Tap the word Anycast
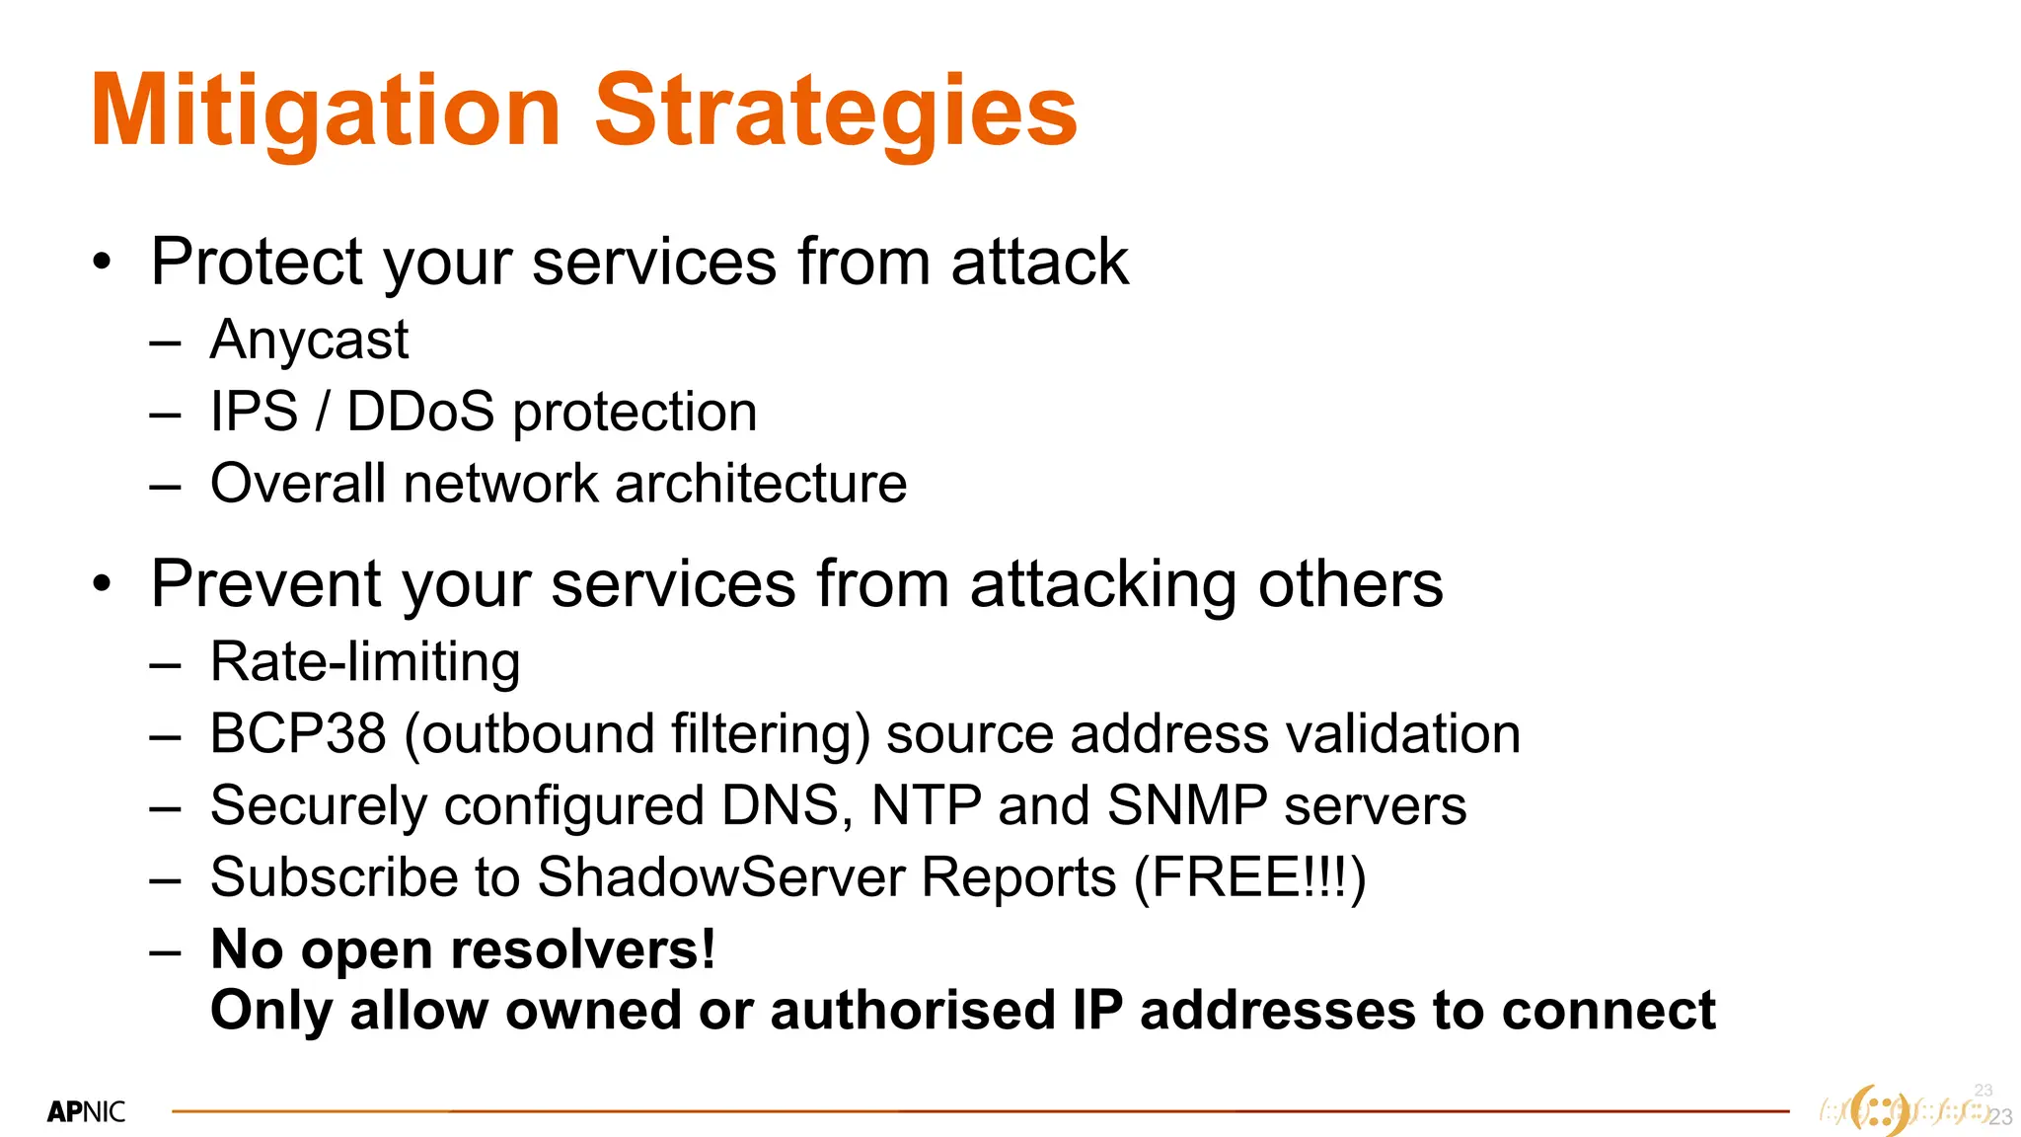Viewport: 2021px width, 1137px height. click(x=309, y=341)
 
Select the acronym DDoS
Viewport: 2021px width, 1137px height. click(x=420, y=412)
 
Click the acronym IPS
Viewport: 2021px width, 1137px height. click(x=254, y=412)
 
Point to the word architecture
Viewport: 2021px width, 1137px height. click(x=760, y=484)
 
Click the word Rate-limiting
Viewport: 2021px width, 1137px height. click(x=365, y=662)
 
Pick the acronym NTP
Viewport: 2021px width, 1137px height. click(x=926, y=805)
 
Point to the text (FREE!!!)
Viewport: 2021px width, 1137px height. click(x=1249, y=877)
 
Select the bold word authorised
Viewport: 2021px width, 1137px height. click(x=912, y=1011)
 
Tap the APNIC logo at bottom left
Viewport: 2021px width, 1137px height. click(x=86, y=1112)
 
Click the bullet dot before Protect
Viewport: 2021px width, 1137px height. click(x=102, y=263)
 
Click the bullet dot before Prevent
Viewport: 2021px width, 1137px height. click(x=102, y=584)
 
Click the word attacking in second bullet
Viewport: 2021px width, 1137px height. click(x=1103, y=584)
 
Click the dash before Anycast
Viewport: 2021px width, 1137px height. click(x=165, y=343)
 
